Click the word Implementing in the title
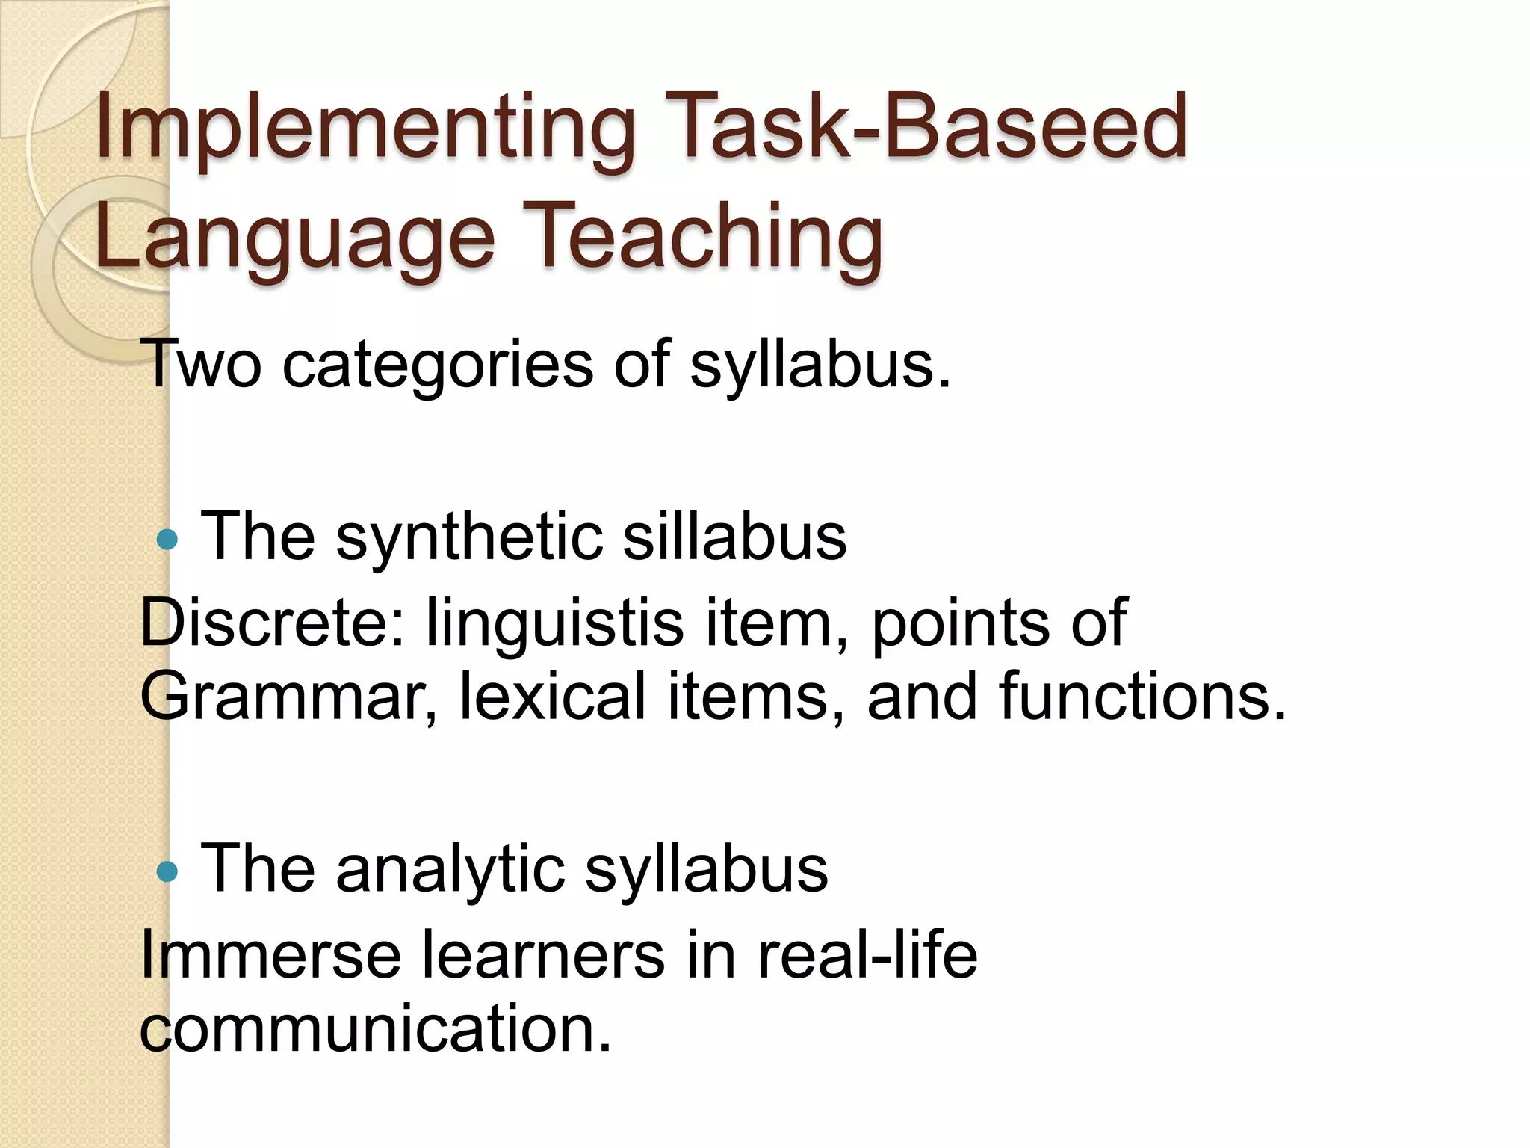click(365, 127)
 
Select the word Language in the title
click(295, 238)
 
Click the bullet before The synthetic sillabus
click(167, 539)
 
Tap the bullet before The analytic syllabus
click(167, 871)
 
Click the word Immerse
click(270, 954)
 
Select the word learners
click(542, 954)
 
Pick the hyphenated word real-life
click(867, 954)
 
